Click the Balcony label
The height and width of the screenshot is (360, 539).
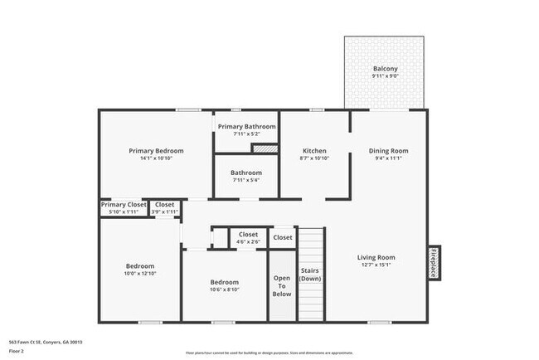click(385, 69)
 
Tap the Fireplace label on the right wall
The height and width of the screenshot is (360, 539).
click(432, 263)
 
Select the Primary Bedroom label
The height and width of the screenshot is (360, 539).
click(156, 151)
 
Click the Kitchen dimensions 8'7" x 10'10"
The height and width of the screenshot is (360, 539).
click(314, 158)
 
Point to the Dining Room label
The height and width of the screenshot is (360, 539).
click(388, 151)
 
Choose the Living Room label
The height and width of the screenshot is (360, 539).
click(376, 257)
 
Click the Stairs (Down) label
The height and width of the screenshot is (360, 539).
click(309, 275)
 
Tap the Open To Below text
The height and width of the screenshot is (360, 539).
click(282, 285)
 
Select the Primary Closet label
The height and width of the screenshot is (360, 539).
click(124, 204)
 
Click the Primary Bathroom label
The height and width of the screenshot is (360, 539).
click(247, 126)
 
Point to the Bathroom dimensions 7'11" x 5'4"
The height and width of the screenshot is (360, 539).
click(246, 180)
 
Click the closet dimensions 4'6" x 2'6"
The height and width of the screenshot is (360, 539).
click(248, 242)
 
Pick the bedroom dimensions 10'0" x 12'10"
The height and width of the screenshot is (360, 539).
click(140, 274)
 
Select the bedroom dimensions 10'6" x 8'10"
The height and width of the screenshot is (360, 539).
click(224, 289)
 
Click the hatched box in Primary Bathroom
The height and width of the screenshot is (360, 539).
click(264, 148)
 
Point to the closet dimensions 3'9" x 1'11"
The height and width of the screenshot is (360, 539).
click(164, 212)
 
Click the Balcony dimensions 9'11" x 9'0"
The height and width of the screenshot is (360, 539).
click(385, 76)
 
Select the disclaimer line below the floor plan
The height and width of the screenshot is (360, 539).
click(269, 353)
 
